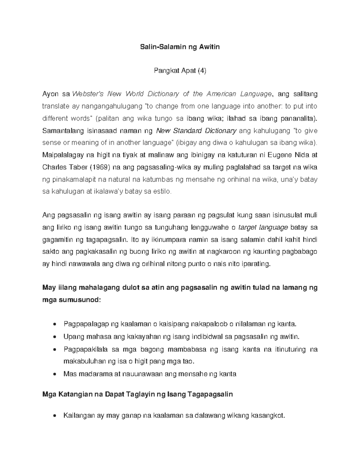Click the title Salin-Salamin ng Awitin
click(180, 47)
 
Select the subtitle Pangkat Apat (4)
click(180, 71)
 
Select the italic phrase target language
click(263, 227)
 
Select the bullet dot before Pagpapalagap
click(54, 324)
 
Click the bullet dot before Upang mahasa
click(54, 337)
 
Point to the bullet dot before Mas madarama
click(54, 374)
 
